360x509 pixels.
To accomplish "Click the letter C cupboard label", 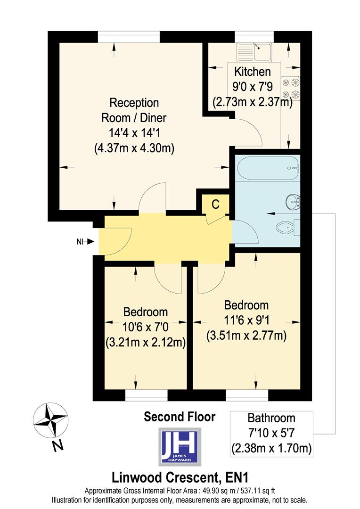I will pos(215,204).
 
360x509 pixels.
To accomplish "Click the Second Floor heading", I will pos(180,417).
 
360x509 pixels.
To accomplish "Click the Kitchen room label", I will pos(253,72).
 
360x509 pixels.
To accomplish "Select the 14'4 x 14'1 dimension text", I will pos(134,132).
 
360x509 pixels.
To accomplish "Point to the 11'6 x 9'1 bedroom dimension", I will pos(246,320).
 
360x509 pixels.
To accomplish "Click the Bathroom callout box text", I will pos(271,433).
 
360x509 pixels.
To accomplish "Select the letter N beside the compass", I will pos(57,447).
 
